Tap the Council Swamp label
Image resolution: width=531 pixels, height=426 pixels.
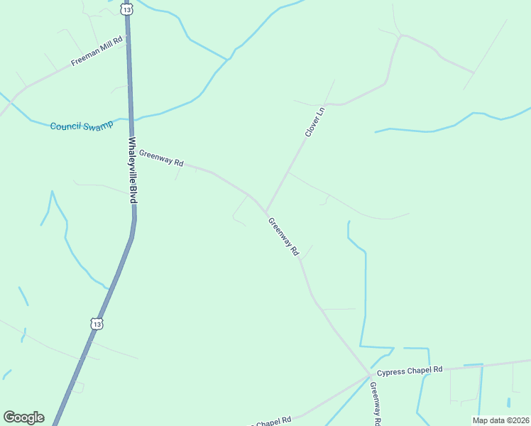pos(81,126)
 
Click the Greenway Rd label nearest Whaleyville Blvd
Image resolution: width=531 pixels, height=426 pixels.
pos(161,158)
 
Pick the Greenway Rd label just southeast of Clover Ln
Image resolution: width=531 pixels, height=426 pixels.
pos(284,236)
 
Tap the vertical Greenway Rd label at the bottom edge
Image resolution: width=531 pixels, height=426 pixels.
pos(376,403)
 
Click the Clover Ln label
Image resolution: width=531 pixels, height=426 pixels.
pos(314,121)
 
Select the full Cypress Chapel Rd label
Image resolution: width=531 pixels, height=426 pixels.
pos(410,371)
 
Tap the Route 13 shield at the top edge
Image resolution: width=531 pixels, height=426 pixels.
pos(126,9)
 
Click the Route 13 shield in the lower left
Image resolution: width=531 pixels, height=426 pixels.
pos(97,324)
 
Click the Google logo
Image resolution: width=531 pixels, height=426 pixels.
pos(23,417)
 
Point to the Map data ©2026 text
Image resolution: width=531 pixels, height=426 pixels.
pos(500,420)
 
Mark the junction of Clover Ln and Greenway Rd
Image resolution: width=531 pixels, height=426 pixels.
pos(267,211)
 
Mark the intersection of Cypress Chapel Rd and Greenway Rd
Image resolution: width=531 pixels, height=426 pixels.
pos(370,374)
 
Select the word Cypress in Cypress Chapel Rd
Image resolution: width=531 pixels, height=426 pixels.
pos(390,372)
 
